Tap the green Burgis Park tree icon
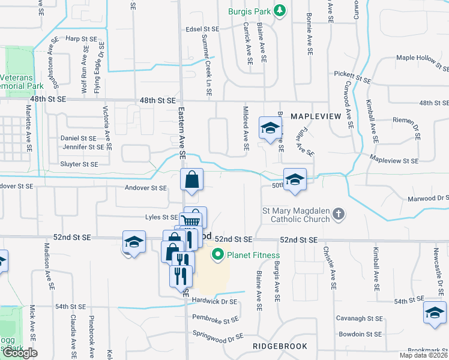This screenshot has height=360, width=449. [279, 11]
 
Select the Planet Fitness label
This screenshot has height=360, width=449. [253, 256]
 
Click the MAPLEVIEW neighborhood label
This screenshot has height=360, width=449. [316, 115]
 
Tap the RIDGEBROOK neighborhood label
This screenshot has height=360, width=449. [280, 346]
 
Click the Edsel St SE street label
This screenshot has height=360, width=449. [202, 29]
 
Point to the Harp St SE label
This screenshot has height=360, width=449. [81, 38]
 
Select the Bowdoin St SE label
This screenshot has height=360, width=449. [360, 334]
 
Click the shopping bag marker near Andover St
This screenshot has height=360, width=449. [191, 179]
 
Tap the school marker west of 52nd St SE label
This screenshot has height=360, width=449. [134, 242]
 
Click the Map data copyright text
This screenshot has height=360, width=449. [424, 355]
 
